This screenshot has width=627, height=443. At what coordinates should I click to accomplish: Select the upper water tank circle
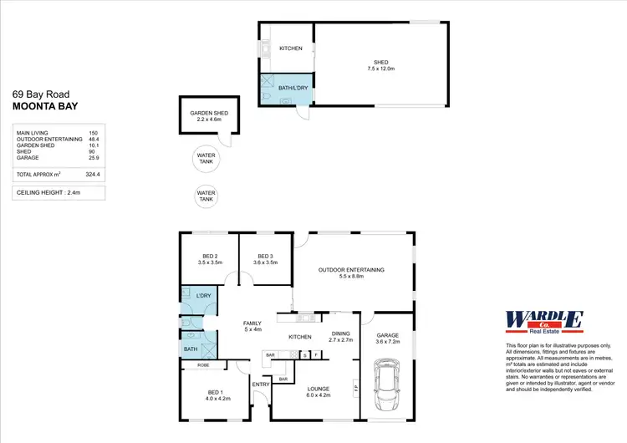[206, 157]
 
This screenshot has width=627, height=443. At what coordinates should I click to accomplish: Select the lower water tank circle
[206, 196]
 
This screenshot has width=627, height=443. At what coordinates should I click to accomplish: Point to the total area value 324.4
[92, 174]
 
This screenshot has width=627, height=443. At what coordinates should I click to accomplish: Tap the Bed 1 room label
[216, 395]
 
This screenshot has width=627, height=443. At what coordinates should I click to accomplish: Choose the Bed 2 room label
[209, 259]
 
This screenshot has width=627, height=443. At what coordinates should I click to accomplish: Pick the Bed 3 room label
[265, 259]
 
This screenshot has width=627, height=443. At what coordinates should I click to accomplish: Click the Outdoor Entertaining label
[351, 272]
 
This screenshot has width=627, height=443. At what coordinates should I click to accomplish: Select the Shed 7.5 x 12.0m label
[381, 64]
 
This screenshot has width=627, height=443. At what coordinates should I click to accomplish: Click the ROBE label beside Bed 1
[203, 365]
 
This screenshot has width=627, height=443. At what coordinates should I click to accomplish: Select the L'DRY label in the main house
[203, 297]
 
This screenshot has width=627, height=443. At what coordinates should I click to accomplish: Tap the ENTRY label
[261, 384]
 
